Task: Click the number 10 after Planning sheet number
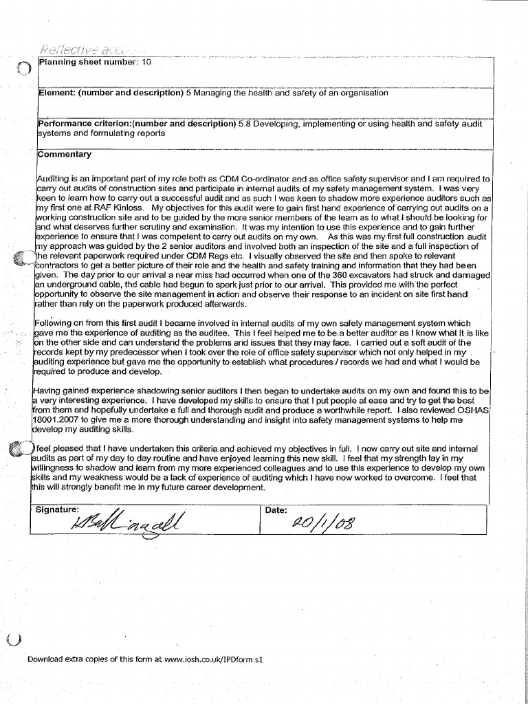click(x=146, y=63)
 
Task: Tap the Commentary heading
click(x=65, y=154)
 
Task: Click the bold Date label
click(x=276, y=510)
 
